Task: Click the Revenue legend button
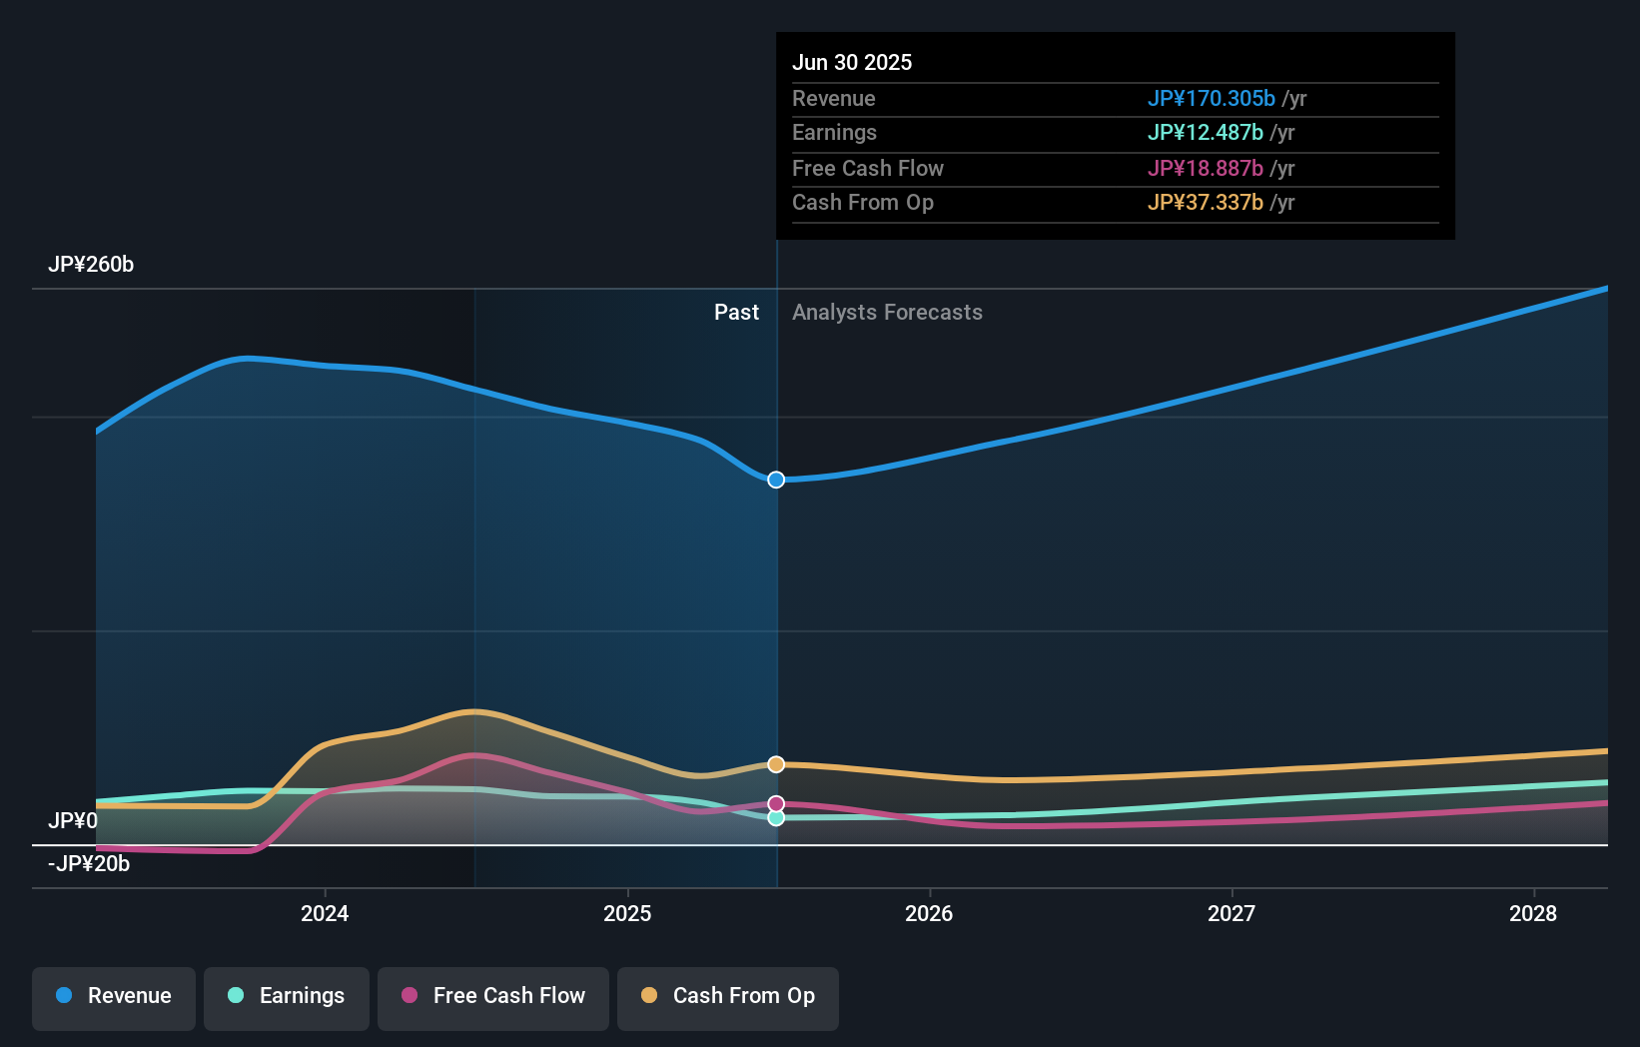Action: click(114, 997)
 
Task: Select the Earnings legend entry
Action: click(287, 997)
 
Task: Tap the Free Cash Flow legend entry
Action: click(493, 997)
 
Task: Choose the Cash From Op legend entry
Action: click(728, 997)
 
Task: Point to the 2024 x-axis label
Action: click(325, 913)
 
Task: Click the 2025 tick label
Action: click(627, 913)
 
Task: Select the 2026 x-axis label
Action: click(929, 913)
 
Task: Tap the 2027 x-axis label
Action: click(1231, 913)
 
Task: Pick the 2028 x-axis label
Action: click(1533, 913)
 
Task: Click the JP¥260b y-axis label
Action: click(91, 265)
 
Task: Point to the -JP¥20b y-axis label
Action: click(89, 864)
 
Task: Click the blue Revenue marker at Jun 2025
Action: click(776, 480)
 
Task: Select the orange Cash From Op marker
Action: click(776, 764)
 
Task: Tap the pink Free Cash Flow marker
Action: click(776, 803)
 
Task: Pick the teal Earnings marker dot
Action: click(776, 818)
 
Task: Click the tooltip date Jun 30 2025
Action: click(852, 62)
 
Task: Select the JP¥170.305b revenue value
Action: click(1211, 98)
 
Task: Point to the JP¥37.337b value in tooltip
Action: click(1205, 203)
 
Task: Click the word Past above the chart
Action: click(736, 313)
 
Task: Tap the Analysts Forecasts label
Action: click(887, 313)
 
